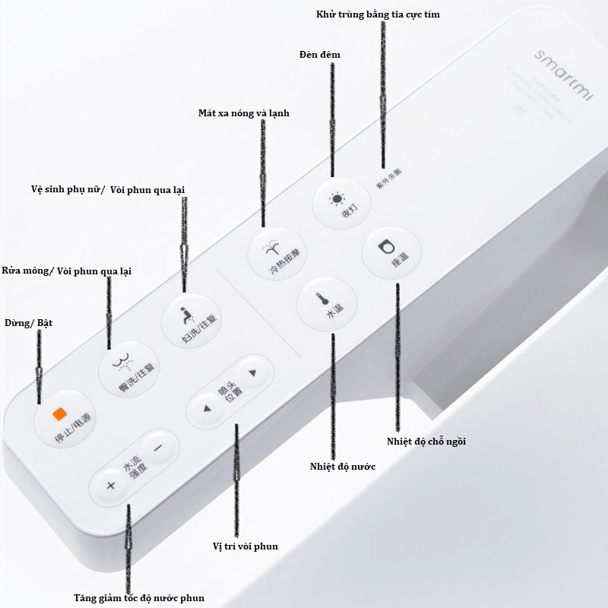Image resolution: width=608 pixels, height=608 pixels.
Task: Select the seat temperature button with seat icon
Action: (389, 252)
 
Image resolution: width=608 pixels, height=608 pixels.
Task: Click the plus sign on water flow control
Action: (111, 486)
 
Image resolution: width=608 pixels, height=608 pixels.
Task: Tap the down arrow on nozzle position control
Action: (253, 373)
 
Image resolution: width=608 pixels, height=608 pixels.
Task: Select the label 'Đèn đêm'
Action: (320, 55)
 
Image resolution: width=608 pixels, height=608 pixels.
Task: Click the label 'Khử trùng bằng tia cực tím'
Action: (378, 14)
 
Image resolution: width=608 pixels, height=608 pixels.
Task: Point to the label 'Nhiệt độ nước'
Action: (343, 466)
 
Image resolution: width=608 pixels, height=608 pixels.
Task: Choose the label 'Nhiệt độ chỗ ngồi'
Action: (426, 441)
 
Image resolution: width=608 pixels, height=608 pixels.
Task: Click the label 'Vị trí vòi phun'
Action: (245, 546)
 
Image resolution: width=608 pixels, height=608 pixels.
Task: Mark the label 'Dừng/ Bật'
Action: (28, 323)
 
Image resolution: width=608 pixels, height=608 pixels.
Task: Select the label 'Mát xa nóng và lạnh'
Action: (243, 113)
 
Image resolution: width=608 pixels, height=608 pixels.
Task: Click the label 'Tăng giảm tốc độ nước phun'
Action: (139, 597)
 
